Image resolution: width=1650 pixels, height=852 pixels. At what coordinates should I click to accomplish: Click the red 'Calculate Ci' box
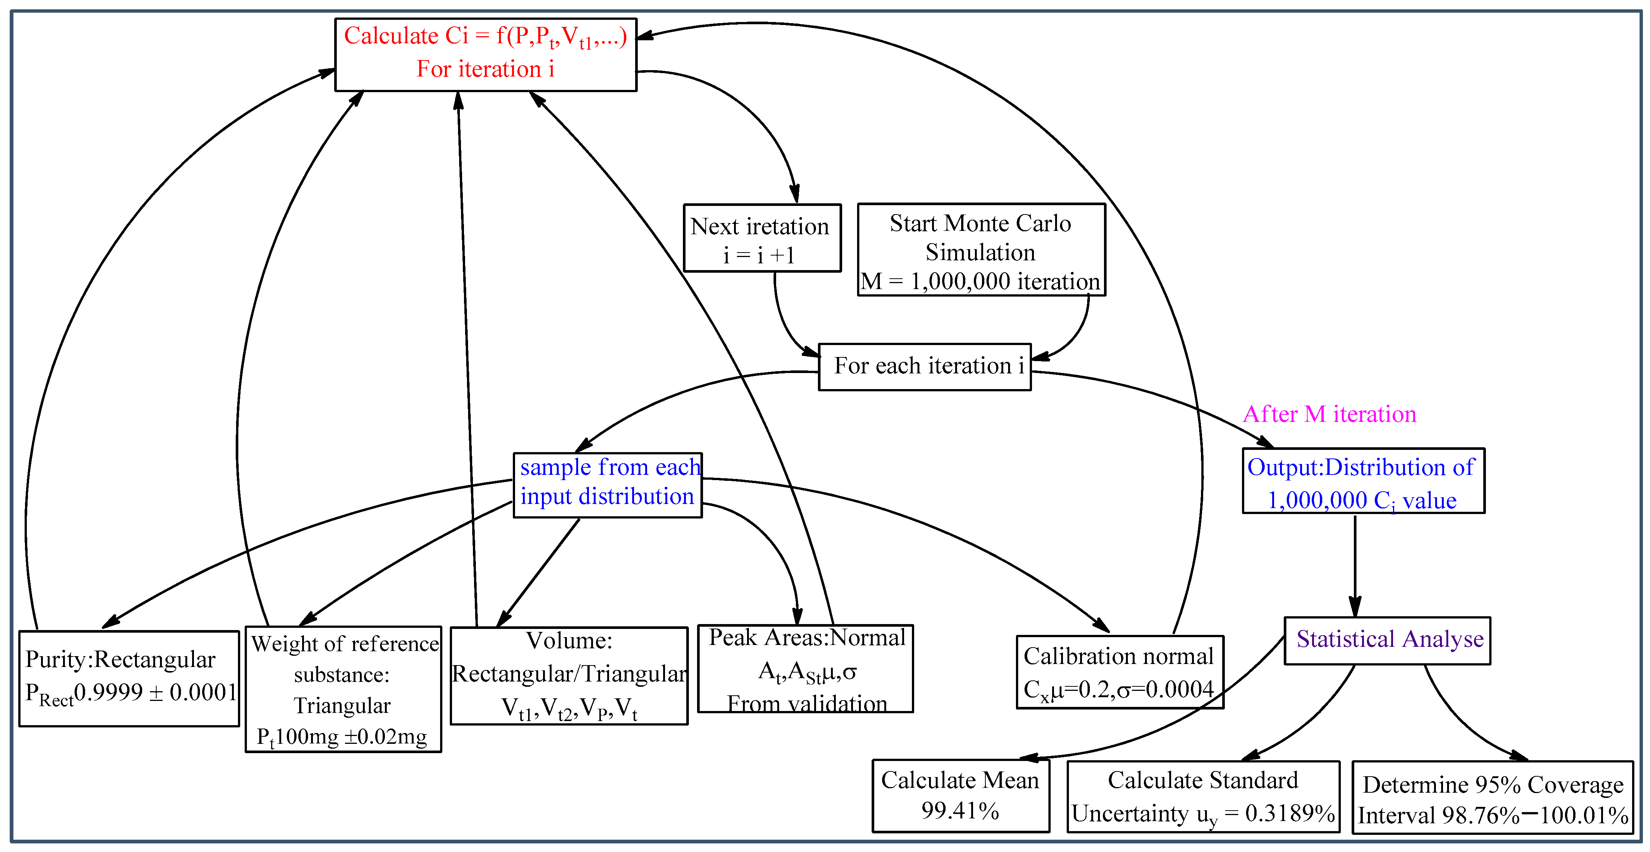[486, 54]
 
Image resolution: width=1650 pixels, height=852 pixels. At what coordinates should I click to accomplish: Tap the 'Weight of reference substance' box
[344, 689]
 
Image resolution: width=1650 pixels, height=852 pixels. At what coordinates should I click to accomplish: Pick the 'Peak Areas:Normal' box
[805, 669]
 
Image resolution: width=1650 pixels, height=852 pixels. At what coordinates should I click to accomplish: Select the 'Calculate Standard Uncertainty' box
[1203, 796]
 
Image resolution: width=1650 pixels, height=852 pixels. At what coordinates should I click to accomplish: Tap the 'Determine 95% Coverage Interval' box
[1493, 798]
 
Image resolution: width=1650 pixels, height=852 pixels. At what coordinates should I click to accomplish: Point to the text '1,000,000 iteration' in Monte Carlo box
[1004, 281]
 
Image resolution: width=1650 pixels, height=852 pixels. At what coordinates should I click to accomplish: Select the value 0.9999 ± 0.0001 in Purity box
[155, 692]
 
